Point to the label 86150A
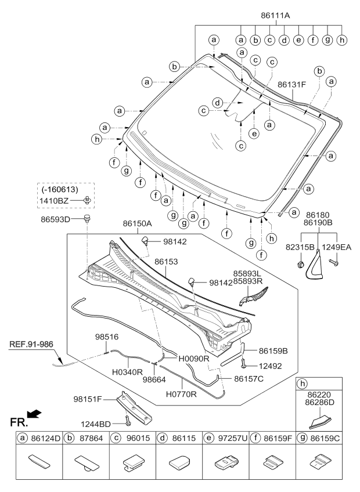[121, 223]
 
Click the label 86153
[166, 262]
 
